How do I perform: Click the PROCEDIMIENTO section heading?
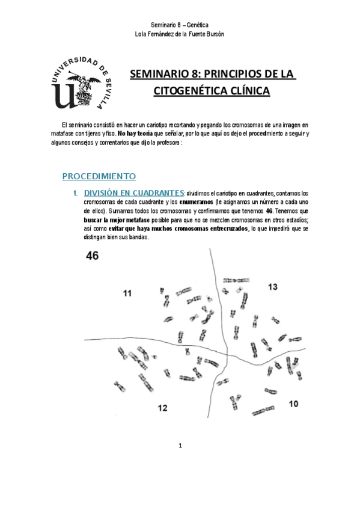(x=100, y=176)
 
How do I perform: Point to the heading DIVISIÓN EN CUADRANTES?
(x=133, y=192)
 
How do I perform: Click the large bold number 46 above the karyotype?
(x=93, y=256)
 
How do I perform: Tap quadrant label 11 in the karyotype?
(x=127, y=293)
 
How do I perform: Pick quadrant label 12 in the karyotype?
(x=162, y=408)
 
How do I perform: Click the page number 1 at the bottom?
(x=180, y=446)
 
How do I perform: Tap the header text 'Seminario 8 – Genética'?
(x=180, y=25)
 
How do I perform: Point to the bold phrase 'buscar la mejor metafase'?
(x=100, y=220)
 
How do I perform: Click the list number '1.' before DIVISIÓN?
(x=76, y=193)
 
